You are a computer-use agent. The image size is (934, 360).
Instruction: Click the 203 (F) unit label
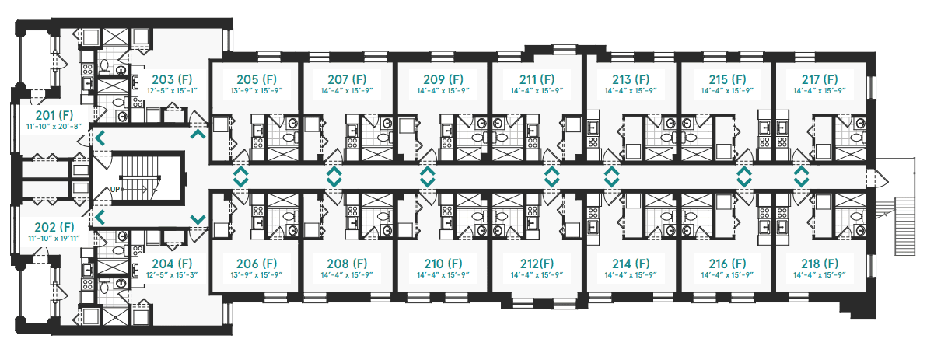(x=172, y=79)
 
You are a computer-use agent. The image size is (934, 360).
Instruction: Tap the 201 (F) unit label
(x=54, y=115)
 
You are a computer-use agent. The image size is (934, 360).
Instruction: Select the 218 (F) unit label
(x=820, y=264)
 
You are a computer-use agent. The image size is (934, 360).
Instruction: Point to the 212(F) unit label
(x=537, y=264)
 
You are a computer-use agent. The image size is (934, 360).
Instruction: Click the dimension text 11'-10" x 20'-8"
(x=54, y=126)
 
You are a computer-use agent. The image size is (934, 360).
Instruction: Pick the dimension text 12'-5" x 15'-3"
(x=172, y=275)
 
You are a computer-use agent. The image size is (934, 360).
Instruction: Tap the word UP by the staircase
(x=115, y=190)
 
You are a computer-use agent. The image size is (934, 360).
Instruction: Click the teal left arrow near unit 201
(x=100, y=138)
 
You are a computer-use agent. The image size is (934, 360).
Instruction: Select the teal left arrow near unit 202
(x=100, y=218)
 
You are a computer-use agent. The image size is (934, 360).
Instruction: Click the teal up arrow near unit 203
(x=198, y=134)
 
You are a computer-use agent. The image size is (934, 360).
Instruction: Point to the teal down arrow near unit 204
(x=198, y=219)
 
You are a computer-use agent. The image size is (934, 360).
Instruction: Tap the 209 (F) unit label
(x=443, y=79)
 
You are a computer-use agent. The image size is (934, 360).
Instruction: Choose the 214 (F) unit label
(x=631, y=264)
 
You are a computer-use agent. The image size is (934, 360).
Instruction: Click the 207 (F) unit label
(x=347, y=79)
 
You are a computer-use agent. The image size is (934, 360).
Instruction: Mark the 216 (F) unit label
(x=727, y=264)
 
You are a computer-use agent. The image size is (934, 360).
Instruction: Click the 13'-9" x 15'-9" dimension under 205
(x=257, y=90)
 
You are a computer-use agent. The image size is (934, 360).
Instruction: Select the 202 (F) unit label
(x=54, y=228)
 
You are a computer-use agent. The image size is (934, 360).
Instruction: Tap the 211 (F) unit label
(x=537, y=79)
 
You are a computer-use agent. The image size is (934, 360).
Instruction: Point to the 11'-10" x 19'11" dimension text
(x=54, y=239)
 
